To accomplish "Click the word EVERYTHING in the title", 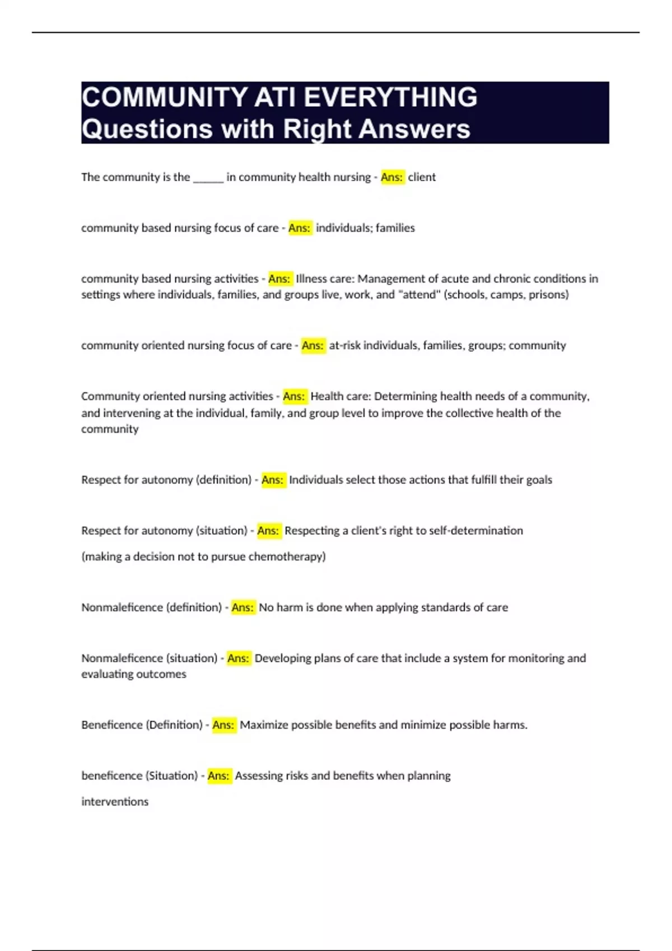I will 390,97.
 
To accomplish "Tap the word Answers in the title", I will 414,129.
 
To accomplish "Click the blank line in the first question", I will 208,177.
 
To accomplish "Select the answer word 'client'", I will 422,177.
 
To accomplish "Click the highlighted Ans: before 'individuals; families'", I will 300,228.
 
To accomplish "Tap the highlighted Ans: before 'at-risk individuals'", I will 313,346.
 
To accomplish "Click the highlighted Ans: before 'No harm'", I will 242,608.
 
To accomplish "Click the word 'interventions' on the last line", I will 115,802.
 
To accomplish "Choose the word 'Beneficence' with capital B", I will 112,725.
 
